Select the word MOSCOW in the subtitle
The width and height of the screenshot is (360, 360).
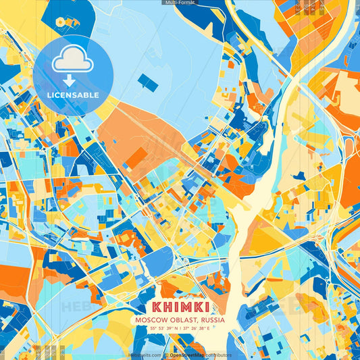[152, 320]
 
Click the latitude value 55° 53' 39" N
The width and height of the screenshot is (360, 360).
[163, 328]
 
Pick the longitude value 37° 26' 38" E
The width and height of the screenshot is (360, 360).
[197, 328]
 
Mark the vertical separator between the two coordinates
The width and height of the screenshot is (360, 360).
[180, 328]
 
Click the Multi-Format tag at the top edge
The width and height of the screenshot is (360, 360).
[179, 3]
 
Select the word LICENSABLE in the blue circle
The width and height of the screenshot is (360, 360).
[73, 95]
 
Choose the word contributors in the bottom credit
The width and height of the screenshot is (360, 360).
[220, 355]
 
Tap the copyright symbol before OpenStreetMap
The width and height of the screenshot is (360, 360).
[166, 355]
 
